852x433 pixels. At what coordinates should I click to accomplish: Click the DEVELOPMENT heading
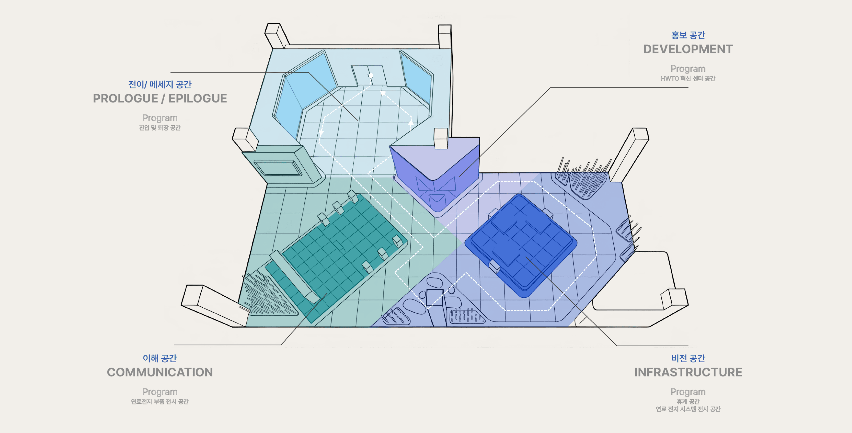(x=688, y=49)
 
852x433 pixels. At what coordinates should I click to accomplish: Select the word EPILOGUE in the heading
(x=198, y=98)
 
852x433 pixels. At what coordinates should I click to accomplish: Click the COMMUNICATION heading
(x=160, y=372)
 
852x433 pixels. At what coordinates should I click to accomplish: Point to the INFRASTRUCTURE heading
(x=688, y=372)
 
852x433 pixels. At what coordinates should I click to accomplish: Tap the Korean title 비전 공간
(x=688, y=358)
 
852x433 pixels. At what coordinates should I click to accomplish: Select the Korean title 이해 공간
(x=160, y=358)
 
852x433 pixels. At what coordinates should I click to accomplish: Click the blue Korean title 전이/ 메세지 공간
(x=160, y=84)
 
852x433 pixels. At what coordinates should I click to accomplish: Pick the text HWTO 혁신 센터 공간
(x=688, y=78)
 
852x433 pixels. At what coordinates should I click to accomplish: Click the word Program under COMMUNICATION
(x=160, y=392)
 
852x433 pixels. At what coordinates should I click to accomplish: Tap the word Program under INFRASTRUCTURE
(x=688, y=392)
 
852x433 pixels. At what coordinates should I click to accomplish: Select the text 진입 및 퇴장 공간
(x=160, y=128)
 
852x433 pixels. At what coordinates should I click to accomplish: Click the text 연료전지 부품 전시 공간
(x=160, y=401)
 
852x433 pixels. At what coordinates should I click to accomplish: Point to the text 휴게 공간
(x=688, y=401)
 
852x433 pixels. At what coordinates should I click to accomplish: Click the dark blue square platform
(x=521, y=245)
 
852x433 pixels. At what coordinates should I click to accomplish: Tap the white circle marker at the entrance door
(x=371, y=76)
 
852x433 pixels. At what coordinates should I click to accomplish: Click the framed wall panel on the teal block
(x=278, y=168)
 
